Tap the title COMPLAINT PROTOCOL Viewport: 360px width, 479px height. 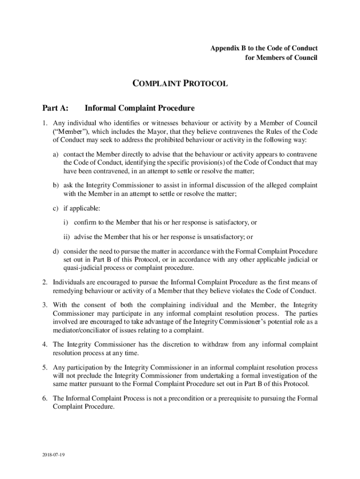(x=180, y=84)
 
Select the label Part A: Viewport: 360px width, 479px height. (x=56, y=109)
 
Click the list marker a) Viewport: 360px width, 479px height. (x=56, y=154)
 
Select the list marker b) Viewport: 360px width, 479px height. (x=56, y=185)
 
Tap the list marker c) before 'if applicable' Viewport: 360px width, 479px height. (x=56, y=208)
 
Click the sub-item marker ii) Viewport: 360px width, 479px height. (x=67, y=237)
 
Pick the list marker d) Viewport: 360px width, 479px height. (x=56, y=252)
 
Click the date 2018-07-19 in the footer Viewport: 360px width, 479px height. (x=52, y=454)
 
